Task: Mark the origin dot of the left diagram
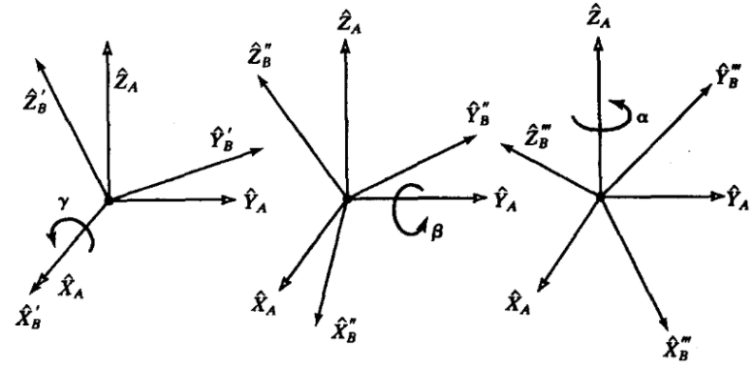pyautogui.click(x=110, y=200)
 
